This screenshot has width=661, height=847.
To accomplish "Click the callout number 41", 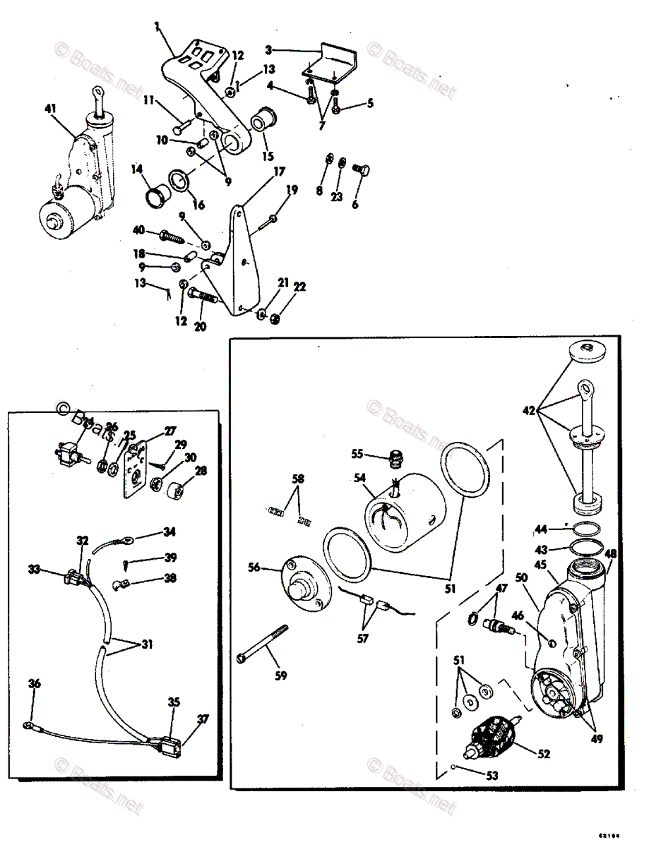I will [x=49, y=108].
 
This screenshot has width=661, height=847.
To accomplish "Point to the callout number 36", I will [x=34, y=683].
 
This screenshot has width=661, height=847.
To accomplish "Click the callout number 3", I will [x=268, y=50].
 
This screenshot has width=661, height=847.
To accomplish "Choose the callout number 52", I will [x=542, y=754].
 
